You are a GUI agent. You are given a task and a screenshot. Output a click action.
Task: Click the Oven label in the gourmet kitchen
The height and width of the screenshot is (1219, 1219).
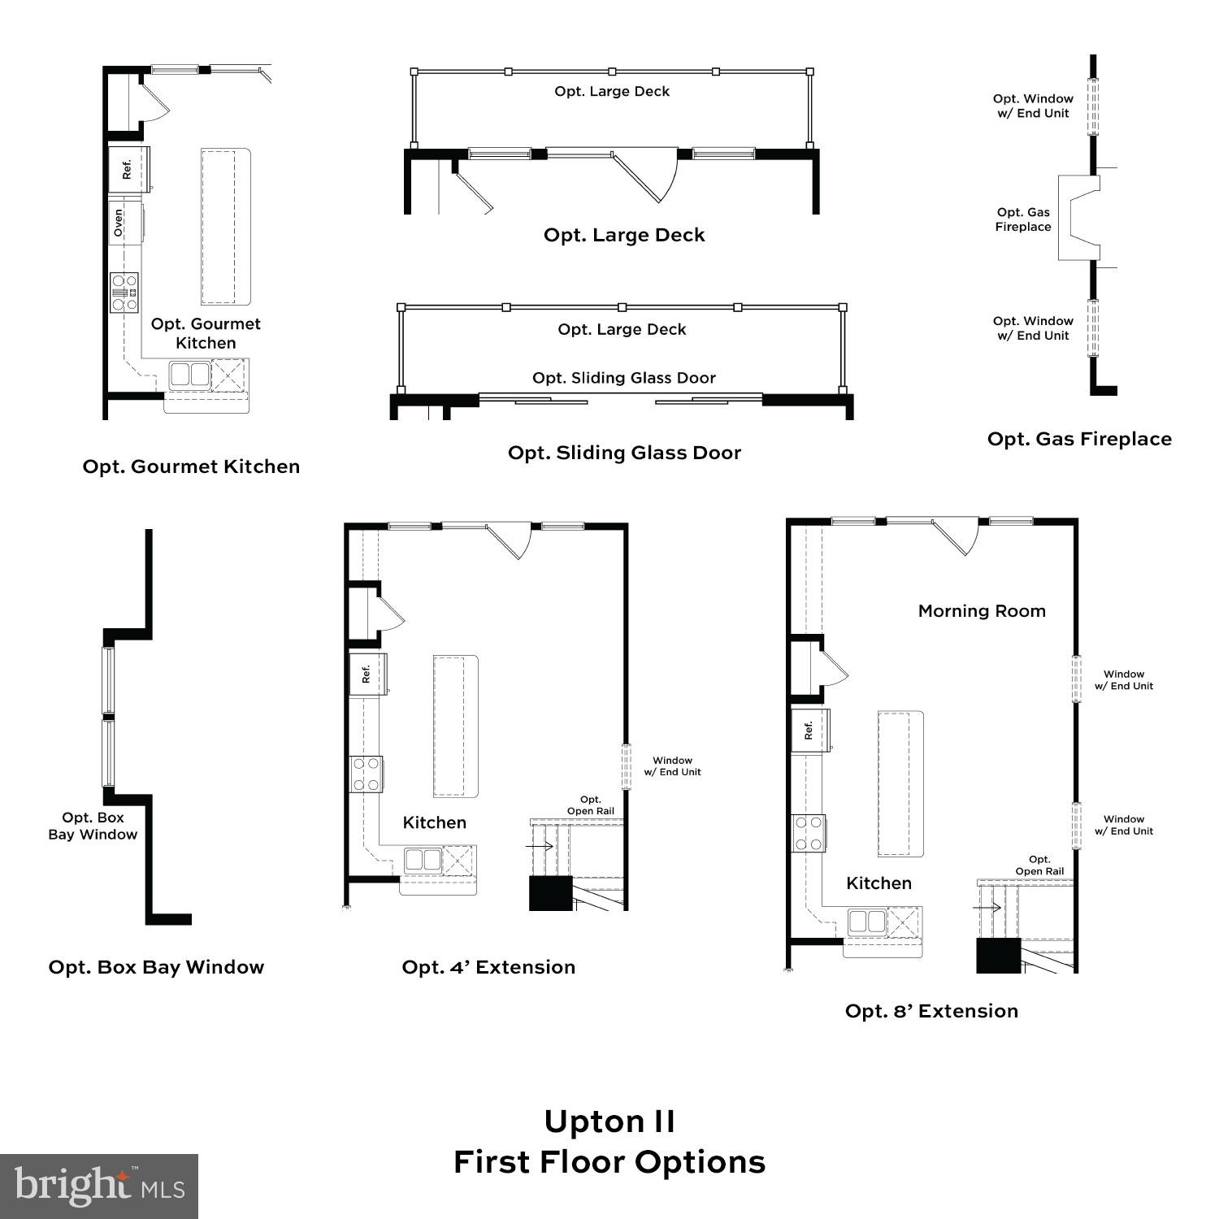119,223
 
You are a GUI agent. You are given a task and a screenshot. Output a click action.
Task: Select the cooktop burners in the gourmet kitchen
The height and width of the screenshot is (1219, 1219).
124,293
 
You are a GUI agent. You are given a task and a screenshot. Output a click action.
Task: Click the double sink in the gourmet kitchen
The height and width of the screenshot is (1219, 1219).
190,375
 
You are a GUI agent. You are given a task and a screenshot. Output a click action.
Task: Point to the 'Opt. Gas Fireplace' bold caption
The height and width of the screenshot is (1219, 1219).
1079,439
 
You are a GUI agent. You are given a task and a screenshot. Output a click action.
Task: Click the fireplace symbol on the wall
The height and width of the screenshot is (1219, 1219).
1079,217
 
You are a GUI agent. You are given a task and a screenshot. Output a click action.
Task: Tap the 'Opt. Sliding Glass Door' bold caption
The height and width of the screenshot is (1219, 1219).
624,453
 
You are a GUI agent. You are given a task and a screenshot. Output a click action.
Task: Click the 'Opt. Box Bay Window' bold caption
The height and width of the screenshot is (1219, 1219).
156,967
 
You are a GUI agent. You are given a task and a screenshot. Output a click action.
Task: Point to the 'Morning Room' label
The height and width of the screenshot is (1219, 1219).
982,611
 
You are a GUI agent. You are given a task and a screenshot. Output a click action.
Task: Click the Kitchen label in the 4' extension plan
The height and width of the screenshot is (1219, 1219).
435,822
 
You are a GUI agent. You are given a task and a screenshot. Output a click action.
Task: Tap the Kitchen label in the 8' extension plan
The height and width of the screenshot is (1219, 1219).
878,883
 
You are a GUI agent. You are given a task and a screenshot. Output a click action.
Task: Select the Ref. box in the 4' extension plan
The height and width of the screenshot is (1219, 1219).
367,674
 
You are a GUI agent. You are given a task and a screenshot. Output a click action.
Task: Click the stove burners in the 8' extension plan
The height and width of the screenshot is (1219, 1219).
809,833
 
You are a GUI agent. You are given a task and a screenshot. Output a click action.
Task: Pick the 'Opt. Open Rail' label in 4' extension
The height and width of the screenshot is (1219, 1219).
591,805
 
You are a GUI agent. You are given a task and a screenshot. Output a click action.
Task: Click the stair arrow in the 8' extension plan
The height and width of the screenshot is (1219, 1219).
987,907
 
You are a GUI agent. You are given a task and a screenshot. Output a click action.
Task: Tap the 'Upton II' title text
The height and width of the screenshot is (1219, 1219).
609,1121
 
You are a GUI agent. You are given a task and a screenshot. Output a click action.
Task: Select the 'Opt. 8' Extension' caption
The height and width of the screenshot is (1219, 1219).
931,1011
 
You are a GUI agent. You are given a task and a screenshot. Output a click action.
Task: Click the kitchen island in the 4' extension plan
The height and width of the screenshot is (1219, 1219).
455,726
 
